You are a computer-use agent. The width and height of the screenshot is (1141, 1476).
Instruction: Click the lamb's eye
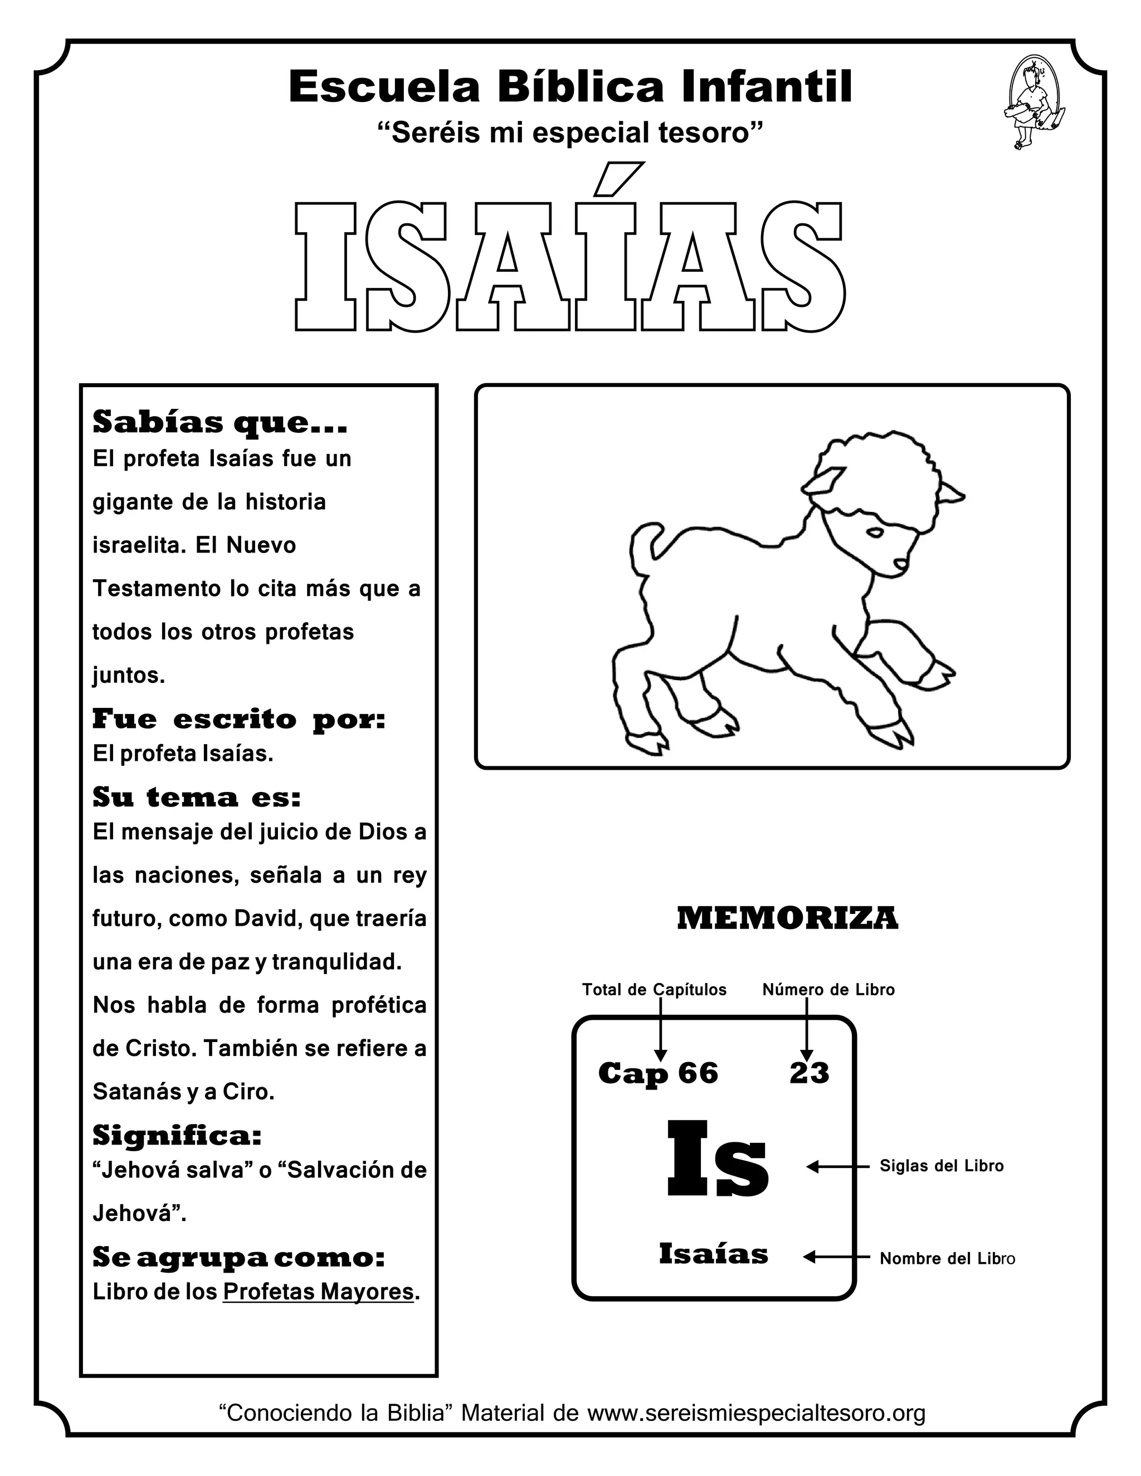pyautogui.click(x=875, y=533)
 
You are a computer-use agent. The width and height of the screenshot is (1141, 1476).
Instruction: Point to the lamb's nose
pyautogui.click(x=900, y=563)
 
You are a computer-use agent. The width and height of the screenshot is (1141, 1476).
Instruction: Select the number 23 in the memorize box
pyautogui.click(x=809, y=1073)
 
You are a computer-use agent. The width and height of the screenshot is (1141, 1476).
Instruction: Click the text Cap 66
pyautogui.click(x=658, y=1073)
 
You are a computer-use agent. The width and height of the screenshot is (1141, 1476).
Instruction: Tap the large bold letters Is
pyautogui.click(x=718, y=1160)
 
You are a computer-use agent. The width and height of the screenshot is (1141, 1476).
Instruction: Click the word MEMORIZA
pyautogui.click(x=787, y=918)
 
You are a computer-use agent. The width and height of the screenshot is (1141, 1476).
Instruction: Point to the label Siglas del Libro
pyautogui.click(x=941, y=1166)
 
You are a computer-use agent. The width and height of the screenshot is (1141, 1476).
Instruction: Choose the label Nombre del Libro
pyautogui.click(x=947, y=1258)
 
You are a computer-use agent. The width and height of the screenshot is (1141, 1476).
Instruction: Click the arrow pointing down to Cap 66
pyautogui.click(x=661, y=1030)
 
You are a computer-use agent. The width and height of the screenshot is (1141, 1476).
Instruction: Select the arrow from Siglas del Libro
pyautogui.click(x=838, y=1166)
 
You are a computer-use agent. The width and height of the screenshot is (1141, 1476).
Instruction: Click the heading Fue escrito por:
pyautogui.click(x=238, y=719)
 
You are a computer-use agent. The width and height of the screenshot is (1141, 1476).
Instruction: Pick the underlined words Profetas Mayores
pyautogui.click(x=318, y=1292)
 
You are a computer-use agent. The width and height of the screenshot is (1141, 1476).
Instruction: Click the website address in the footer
pyautogui.click(x=755, y=1413)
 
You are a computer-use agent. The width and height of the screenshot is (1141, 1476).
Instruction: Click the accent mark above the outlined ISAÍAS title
pyautogui.click(x=618, y=178)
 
